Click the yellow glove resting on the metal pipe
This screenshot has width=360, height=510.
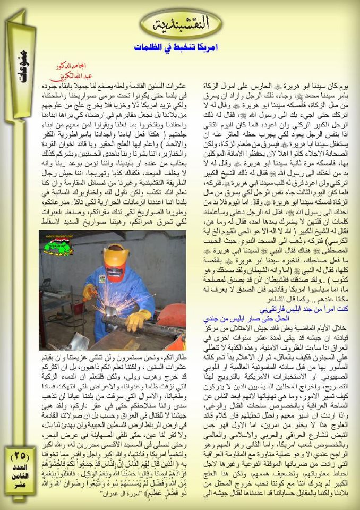138,319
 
